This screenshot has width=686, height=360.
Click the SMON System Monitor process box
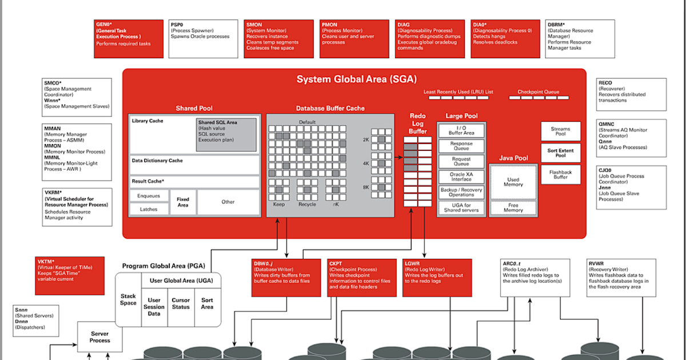point(278,38)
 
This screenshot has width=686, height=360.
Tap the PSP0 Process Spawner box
point(203,38)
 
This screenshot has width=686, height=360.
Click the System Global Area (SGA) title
point(356,79)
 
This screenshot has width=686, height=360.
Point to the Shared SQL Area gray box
point(226,135)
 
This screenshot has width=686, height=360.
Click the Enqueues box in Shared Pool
point(149,196)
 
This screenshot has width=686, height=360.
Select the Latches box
point(149,210)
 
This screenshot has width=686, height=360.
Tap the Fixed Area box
point(183,202)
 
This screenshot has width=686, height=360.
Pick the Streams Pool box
point(560,131)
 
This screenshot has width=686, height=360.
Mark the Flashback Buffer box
point(560,174)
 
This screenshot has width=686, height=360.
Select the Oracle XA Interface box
point(461,176)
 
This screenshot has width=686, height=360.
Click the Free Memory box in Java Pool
point(513,207)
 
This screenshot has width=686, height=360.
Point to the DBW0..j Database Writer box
point(286,278)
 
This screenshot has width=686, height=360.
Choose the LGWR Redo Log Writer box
point(437,278)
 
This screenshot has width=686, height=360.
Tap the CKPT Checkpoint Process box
point(362,278)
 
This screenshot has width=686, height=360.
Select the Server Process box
point(100,337)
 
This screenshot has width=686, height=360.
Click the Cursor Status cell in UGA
point(181,303)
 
